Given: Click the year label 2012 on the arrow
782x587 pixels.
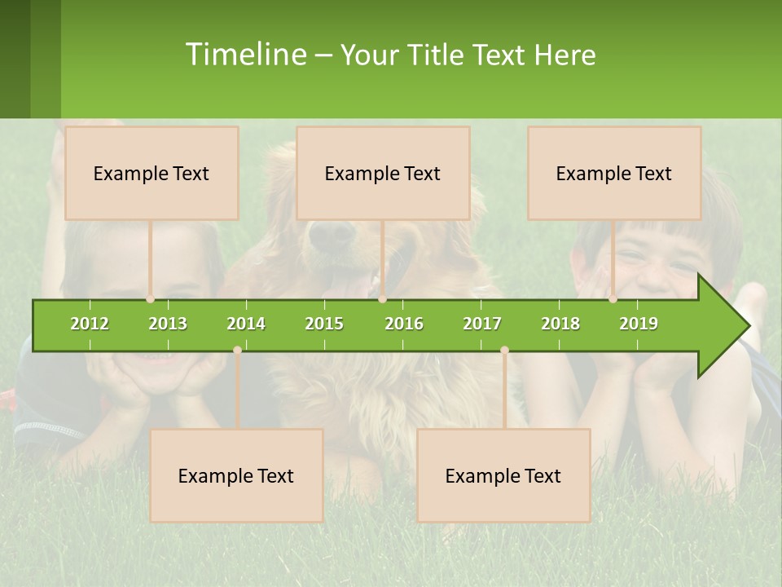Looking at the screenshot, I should click(x=90, y=324).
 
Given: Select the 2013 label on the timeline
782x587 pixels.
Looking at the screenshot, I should click(x=168, y=324).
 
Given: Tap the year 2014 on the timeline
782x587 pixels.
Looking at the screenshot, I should click(x=246, y=324).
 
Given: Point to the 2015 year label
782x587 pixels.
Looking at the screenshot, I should click(x=324, y=324).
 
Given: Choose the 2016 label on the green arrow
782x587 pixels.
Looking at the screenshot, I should click(x=404, y=324).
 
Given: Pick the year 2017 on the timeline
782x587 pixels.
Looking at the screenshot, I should click(x=482, y=324).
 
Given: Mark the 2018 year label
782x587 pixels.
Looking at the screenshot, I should click(x=560, y=324).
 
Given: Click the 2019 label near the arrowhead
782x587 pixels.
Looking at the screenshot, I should click(x=639, y=324).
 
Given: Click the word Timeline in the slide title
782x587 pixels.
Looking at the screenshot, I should click(x=245, y=55).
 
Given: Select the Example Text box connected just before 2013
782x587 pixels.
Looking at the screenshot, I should click(x=152, y=173).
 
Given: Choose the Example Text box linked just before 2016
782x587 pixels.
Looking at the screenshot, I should click(x=383, y=173).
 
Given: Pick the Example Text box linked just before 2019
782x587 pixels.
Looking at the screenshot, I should click(x=614, y=173).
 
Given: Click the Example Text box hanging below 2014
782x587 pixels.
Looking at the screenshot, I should click(x=236, y=475).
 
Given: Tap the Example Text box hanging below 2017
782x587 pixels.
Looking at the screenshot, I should click(x=503, y=475).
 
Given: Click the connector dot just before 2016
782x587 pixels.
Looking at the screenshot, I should click(x=383, y=299).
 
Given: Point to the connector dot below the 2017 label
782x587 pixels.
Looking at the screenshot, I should click(x=504, y=350).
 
